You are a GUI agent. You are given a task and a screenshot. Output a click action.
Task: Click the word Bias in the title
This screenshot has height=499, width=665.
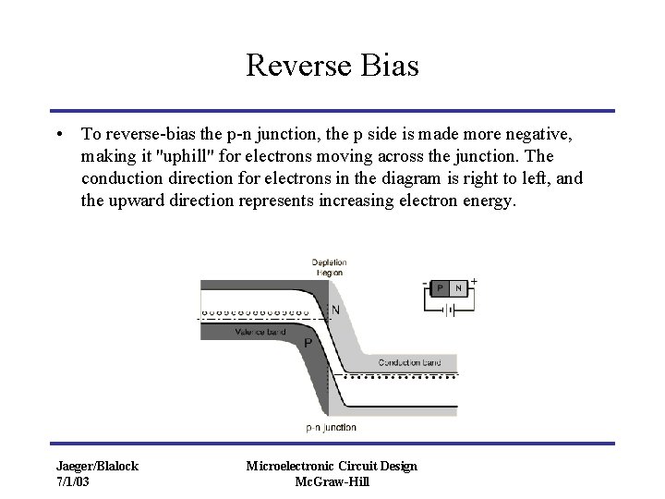coord(390,65)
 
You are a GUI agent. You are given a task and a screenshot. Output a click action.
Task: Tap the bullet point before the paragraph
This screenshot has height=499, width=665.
coord(59,134)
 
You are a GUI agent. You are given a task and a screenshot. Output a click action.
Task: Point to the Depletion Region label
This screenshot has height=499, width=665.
coord(328,267)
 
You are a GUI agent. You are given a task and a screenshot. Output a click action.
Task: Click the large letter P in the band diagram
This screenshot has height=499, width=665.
coord(308,343)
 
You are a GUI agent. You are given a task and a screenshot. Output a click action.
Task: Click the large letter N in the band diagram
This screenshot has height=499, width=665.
coord(335,310)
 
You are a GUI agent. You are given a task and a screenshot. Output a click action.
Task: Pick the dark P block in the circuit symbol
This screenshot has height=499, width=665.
coord(441,288)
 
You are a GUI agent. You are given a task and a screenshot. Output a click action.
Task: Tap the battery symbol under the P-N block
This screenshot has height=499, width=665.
coord(449,310)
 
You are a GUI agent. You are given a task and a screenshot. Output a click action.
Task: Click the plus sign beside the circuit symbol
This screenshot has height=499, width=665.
coord(475,280)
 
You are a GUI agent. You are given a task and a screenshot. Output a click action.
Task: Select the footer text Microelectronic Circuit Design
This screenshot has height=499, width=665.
coord(332,466)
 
